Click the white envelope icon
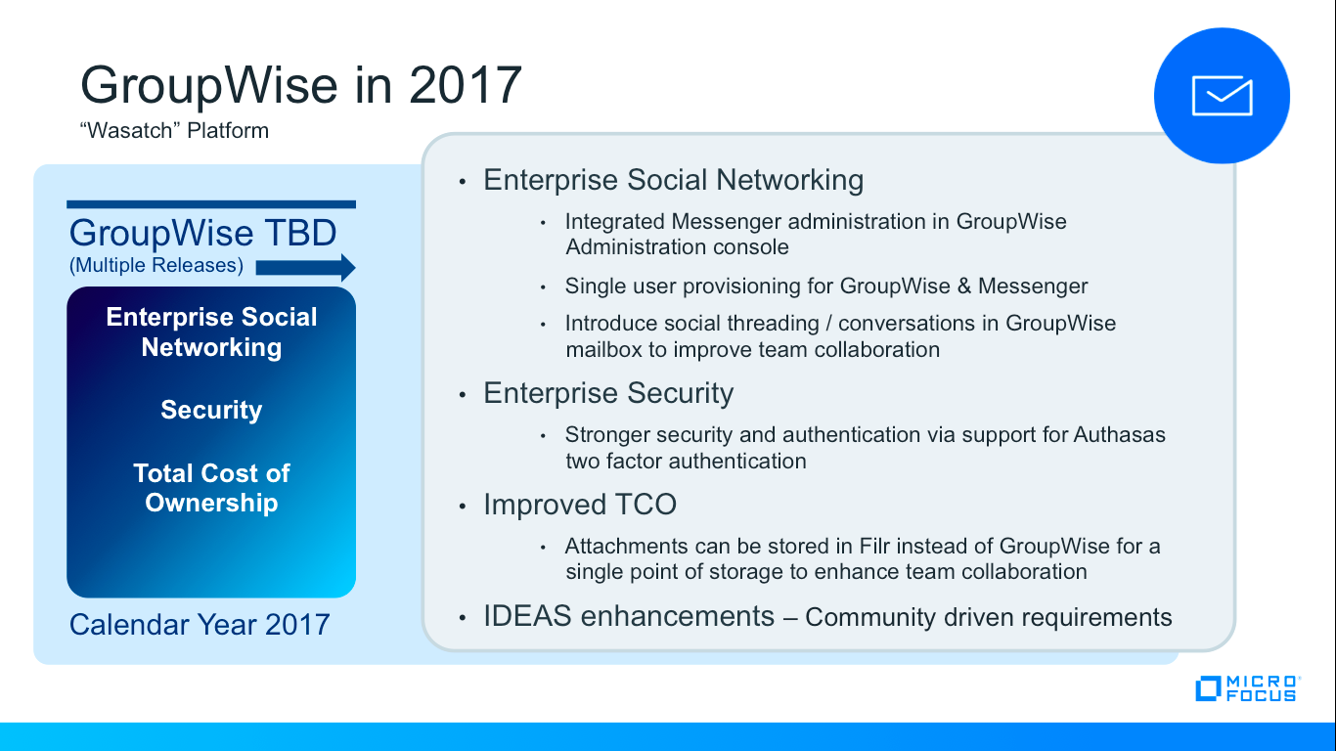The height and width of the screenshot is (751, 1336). (1223, 96)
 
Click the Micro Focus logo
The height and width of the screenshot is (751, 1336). (1248, 688)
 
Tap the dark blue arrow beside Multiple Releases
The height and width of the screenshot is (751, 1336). (305, 267)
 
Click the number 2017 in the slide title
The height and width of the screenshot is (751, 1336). (466, 85)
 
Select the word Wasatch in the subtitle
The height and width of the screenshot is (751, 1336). (129, 130)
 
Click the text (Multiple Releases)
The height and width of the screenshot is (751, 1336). (156, 265)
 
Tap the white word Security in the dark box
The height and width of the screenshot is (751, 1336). (211, 410)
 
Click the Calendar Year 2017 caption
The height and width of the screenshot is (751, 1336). (200, 625)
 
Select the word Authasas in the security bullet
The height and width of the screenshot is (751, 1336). (1119, 434)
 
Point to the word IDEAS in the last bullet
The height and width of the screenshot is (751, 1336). (527, 616)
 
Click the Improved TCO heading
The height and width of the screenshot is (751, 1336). (580, 505)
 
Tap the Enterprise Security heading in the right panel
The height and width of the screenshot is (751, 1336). (608, 393)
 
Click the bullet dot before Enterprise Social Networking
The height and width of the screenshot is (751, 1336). (463, 181)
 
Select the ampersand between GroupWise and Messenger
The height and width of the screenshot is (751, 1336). (963, 287)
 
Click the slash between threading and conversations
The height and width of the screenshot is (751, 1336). (828, 324)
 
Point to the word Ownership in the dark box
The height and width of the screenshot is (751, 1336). (211, 503)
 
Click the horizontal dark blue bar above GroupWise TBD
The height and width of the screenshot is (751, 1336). (211, 204)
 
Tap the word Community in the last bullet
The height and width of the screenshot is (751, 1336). (870, 617)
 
